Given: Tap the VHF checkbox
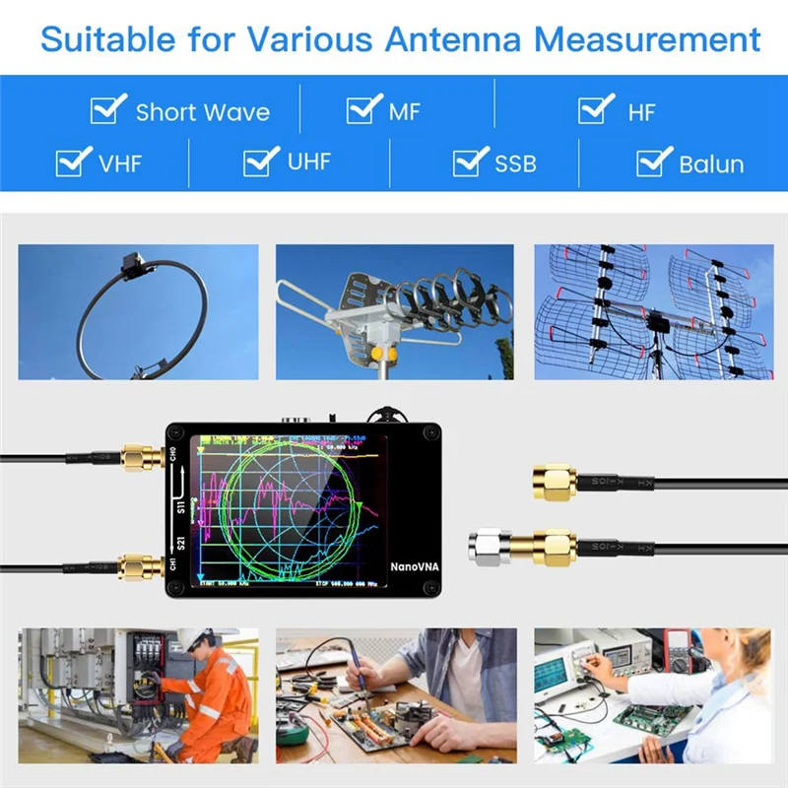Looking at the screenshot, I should (x=74, y=161).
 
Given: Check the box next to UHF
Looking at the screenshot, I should (x=261, y=160).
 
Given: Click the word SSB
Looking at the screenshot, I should (x=515, y=164).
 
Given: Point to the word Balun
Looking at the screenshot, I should (x=711, y=164).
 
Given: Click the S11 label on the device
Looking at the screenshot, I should (x=181, y=508).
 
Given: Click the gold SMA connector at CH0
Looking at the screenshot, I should (x=137, y=457).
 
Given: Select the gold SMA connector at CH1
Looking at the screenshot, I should (x=137, y=567).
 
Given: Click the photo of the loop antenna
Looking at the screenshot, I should (x=138, y=312).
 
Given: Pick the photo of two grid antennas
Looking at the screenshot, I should (x=653, y=312).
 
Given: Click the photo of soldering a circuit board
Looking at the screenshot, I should (x=395, y=695).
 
